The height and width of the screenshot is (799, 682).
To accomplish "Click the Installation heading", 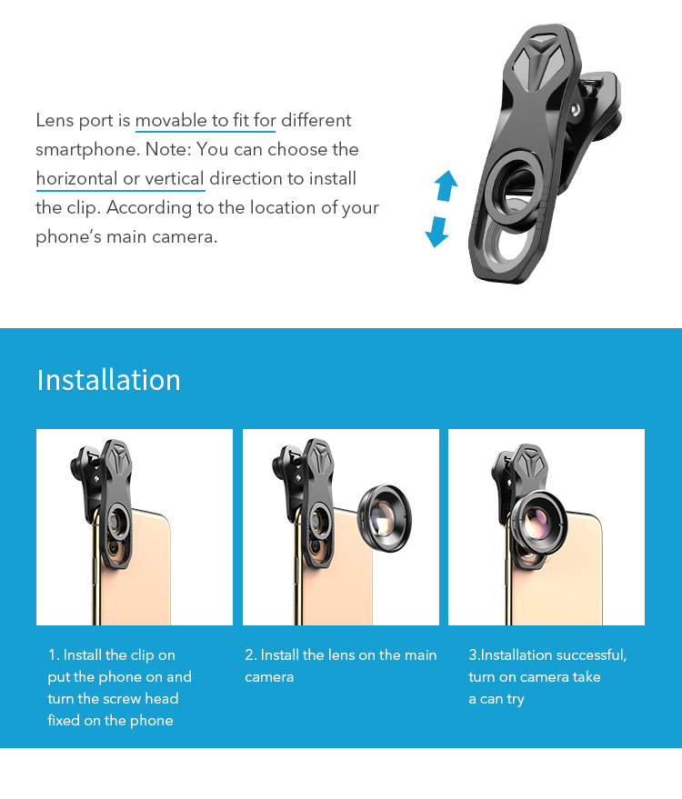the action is click(x=108, y=380).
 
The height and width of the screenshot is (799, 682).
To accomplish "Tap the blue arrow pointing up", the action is click(x=446, y=185).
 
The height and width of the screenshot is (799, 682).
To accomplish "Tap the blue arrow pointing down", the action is click(x=437, y=232).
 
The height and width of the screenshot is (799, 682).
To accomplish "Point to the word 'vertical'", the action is click(x=175, y=178).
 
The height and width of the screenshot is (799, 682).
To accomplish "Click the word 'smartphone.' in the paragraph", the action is click(x=87, y=150).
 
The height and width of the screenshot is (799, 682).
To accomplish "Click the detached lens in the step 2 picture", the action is click(x=385, y=518).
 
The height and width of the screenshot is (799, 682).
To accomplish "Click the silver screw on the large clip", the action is click(x=576, y=110).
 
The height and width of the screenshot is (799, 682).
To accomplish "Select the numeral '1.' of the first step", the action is click(x=54, y=654).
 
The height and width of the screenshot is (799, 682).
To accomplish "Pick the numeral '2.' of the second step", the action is click(x=250, y=654).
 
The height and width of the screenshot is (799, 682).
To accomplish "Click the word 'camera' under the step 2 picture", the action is click(x=269, y=677).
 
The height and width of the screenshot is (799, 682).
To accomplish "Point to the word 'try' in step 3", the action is click(x=516, y=700).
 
